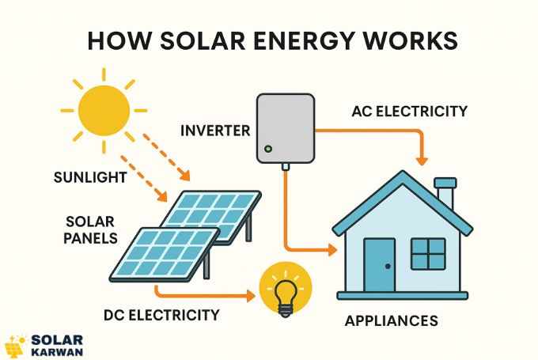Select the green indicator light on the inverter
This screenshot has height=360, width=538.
[267, 148]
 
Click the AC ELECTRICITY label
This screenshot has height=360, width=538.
[410, 111]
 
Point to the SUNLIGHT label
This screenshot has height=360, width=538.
[90, 176]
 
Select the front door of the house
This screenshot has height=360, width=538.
[379, 264]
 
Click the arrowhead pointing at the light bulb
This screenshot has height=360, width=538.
[252, 297]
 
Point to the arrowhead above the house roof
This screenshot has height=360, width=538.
[422, 161]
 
